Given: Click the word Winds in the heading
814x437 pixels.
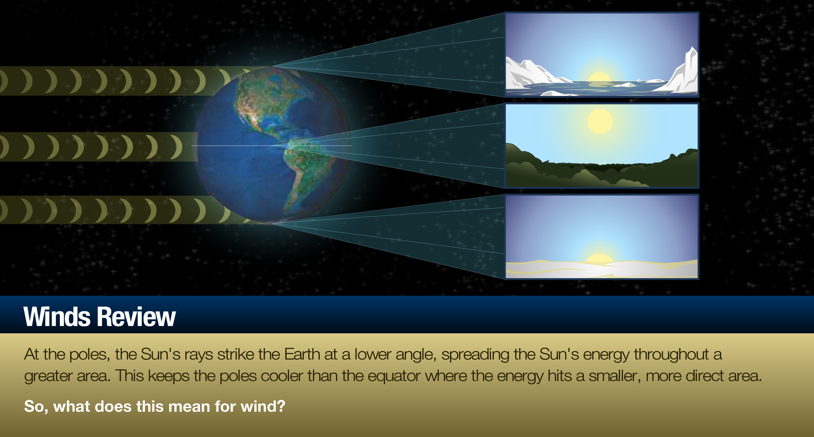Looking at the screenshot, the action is click(57, 316).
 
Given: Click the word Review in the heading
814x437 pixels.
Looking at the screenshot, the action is click(136, 316).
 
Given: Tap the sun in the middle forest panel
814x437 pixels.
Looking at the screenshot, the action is click(600, 121).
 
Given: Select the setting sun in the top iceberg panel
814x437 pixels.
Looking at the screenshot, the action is click(599, 77).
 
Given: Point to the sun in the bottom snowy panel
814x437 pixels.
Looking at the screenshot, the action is click(600, 258).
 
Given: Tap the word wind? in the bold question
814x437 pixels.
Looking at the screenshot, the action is click(263, 406).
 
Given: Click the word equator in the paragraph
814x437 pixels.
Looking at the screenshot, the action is click(394, 376).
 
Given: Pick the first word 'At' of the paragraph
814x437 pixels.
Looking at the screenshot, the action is click(31, 354).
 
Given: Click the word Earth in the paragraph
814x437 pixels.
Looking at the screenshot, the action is click(302, 354).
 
